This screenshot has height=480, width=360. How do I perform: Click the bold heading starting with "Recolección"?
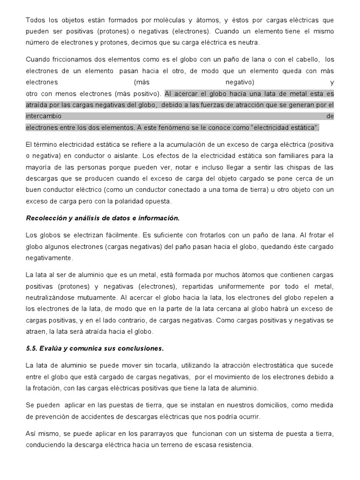pyautogui.click(x=103, y=218)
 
